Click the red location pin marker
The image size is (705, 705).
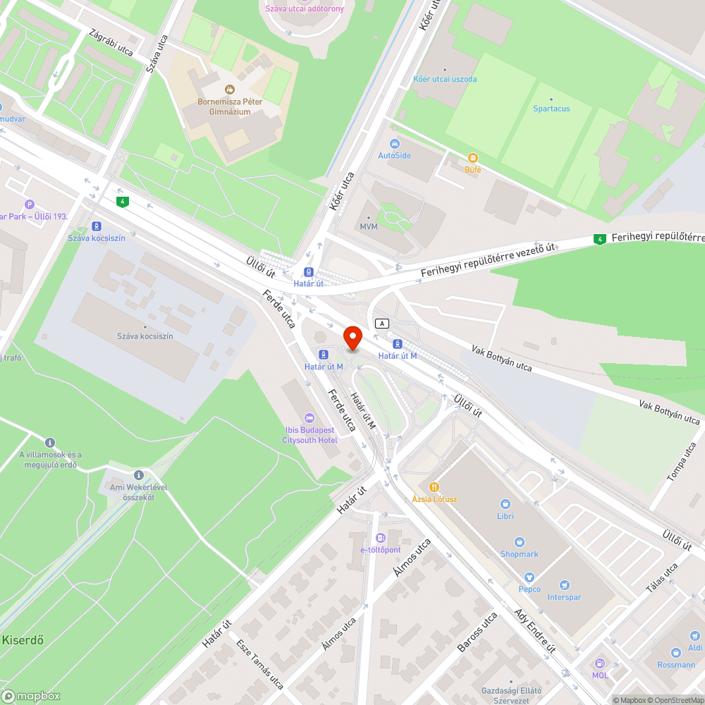click(x=352, y=336)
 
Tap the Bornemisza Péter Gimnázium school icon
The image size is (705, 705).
click(x=229, y=89)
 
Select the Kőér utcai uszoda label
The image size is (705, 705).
click(x=445, y=79)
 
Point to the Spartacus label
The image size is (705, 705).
click(x=551, y=109)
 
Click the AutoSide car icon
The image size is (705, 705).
click(x=393, y=144)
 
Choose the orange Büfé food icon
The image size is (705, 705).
click(x=472, y=158)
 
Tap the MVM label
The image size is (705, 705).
click(x=369, y=227)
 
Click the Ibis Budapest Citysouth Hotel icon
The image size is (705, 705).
click(x=309, y=418)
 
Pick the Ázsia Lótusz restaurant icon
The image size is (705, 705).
click(x=434, y=486)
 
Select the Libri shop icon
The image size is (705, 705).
click(x=505, y=504)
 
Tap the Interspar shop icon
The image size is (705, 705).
click(x=564, y=585)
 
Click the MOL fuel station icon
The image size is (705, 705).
click(x=600, y=663)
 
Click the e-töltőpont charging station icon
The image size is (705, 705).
click(x=381, y=538)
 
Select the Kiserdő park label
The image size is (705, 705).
click(x=23, y=640)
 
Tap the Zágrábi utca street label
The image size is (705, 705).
click(x=111, y=43)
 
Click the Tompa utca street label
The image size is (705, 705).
click(x=681, y=462)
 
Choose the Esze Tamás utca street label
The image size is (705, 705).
click(x=260, y=663)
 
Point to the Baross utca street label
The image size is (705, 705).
click(x=477, y=632)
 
